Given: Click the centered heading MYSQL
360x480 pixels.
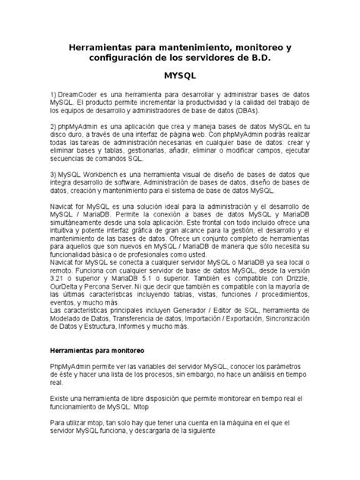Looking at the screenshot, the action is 180,77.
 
